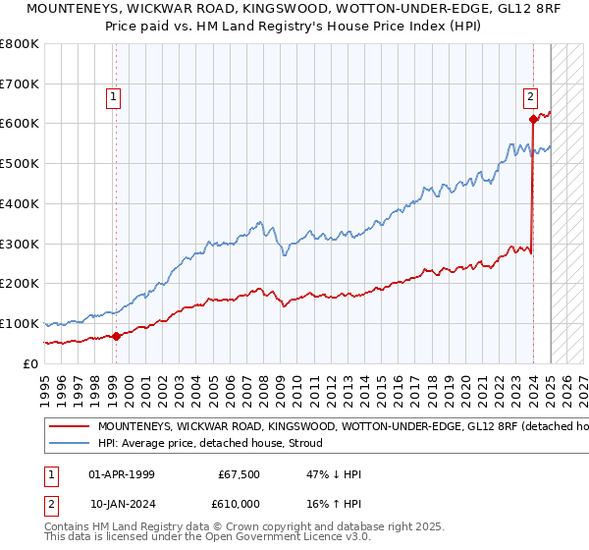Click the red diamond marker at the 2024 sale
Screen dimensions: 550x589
[533, 119]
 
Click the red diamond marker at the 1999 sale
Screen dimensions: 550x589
[116, 336]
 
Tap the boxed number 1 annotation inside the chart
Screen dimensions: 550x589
[115, 96]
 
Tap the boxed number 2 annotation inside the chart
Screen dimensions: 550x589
[530, 96]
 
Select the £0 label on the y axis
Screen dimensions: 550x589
[29, 363]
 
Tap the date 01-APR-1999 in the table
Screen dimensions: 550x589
[122, 474]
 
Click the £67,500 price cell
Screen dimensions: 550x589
[237, 474]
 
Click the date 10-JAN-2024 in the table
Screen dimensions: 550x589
[122, 503]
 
